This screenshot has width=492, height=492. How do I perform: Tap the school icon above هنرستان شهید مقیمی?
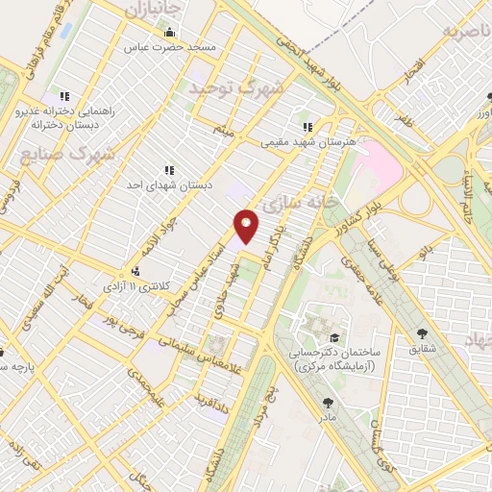[307, 126]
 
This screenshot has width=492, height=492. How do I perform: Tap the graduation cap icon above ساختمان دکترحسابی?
[333, 337]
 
